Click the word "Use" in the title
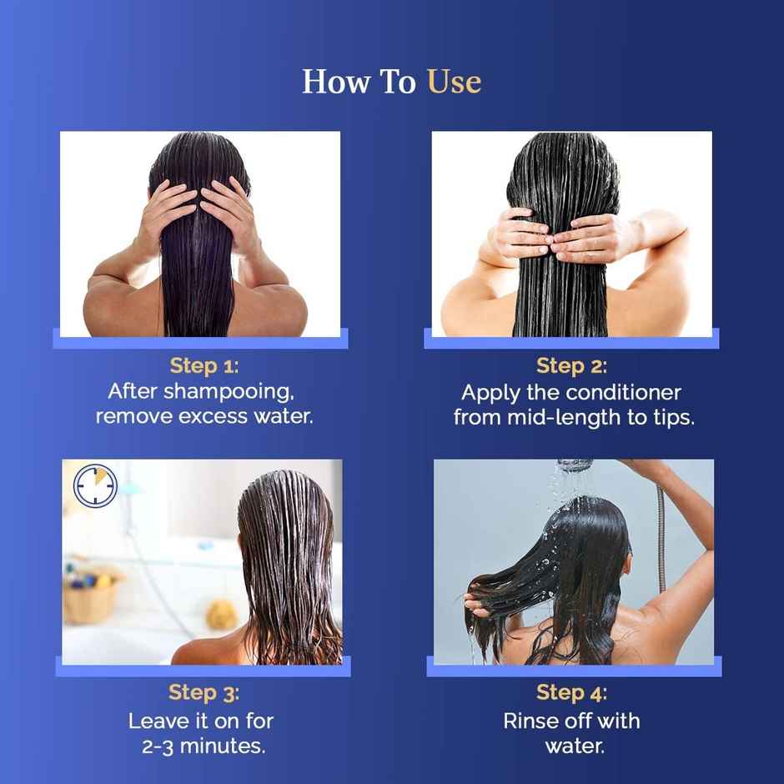(454, 82)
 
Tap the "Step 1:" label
(204, 366)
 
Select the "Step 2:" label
(572, 366)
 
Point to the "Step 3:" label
(204, 693)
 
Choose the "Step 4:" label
(572, 693)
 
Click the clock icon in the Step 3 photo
(95, 485)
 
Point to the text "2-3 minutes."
(204, 746)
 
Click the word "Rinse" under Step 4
(531, 721)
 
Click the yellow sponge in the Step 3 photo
(221, 615)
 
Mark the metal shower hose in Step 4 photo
(661, 534)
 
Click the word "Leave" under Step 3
(158, 721)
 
